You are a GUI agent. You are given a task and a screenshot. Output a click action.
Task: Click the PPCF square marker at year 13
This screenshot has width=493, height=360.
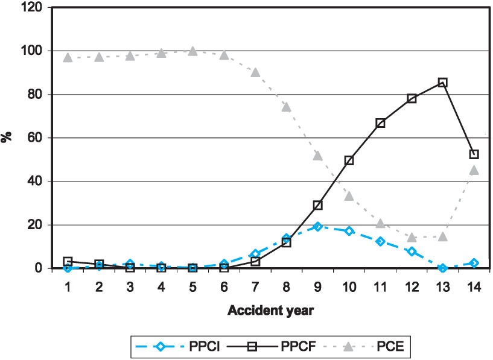click(x=443, y=82)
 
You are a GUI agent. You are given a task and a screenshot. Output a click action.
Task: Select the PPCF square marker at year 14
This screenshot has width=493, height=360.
click(x=474, y=154)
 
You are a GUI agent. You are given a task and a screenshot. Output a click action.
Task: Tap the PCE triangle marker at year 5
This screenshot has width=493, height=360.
click(x=192, y=51)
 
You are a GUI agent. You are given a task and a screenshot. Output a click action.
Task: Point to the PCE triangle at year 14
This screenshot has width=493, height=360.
click(x=474, y=170)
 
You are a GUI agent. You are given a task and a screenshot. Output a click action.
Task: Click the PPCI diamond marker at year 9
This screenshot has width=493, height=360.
click(x=318, y=226)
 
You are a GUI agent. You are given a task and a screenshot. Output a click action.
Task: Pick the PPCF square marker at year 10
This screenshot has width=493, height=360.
click(x=349, y=160)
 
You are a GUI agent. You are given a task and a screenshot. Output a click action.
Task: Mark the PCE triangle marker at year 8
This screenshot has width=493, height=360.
click(x=287, y=107)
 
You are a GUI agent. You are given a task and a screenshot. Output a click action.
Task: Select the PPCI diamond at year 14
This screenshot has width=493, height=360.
click(x=474, y=263)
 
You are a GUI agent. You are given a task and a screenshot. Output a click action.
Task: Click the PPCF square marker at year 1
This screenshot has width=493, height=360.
click(x=68, y=262)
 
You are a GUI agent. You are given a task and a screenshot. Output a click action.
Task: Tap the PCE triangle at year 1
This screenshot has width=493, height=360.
click(x=68, y=57)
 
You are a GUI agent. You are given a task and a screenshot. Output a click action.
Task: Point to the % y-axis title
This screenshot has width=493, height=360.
click(x=8, y=137)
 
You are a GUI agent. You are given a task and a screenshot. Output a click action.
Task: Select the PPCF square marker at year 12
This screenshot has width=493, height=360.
click(x=412, y=98)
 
